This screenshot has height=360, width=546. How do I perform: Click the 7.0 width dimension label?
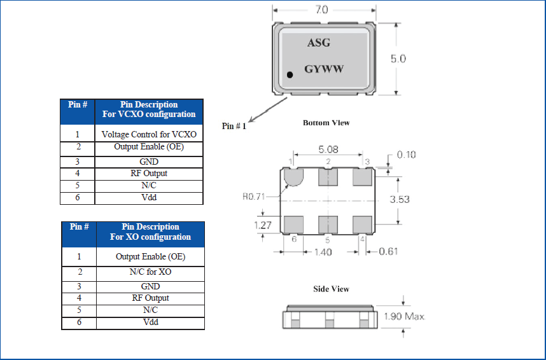coord(321,10)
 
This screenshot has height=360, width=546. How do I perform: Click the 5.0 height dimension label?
coord(398,59)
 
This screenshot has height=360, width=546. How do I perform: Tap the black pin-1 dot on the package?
coord(290,75)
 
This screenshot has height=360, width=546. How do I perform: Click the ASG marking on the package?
coord(318,43)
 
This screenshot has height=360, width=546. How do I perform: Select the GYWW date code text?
coord(324,69)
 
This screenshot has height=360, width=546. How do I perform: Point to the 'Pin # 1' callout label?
coord(234,126)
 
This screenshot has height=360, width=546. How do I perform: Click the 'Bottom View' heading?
coord(326,123)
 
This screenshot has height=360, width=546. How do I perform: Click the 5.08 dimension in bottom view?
coord(328,150)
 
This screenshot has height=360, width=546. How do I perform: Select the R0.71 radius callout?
coord(255,197)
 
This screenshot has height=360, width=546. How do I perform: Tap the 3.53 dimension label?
coord(399,199)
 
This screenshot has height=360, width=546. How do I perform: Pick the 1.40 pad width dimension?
coord(324,252)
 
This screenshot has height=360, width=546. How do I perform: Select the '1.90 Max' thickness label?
coord(404,316)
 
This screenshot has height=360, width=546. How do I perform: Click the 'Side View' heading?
coord(331,289)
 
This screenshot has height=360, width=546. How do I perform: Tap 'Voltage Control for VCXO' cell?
coord(149,134)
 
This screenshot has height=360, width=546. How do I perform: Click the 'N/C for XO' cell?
coord(150,272)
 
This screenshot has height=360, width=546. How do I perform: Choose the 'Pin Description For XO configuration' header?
coord(150,232)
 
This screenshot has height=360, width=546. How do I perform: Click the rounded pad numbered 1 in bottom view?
coord(293,176)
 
